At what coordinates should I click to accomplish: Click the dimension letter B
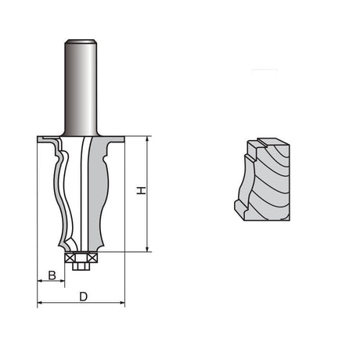(52, 275)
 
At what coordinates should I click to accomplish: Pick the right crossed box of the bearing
(92, 257)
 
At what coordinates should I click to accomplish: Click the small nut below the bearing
(81, 265)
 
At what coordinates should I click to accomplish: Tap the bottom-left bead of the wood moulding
(238, 207)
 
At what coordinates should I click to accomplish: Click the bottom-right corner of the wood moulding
(290, 220)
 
